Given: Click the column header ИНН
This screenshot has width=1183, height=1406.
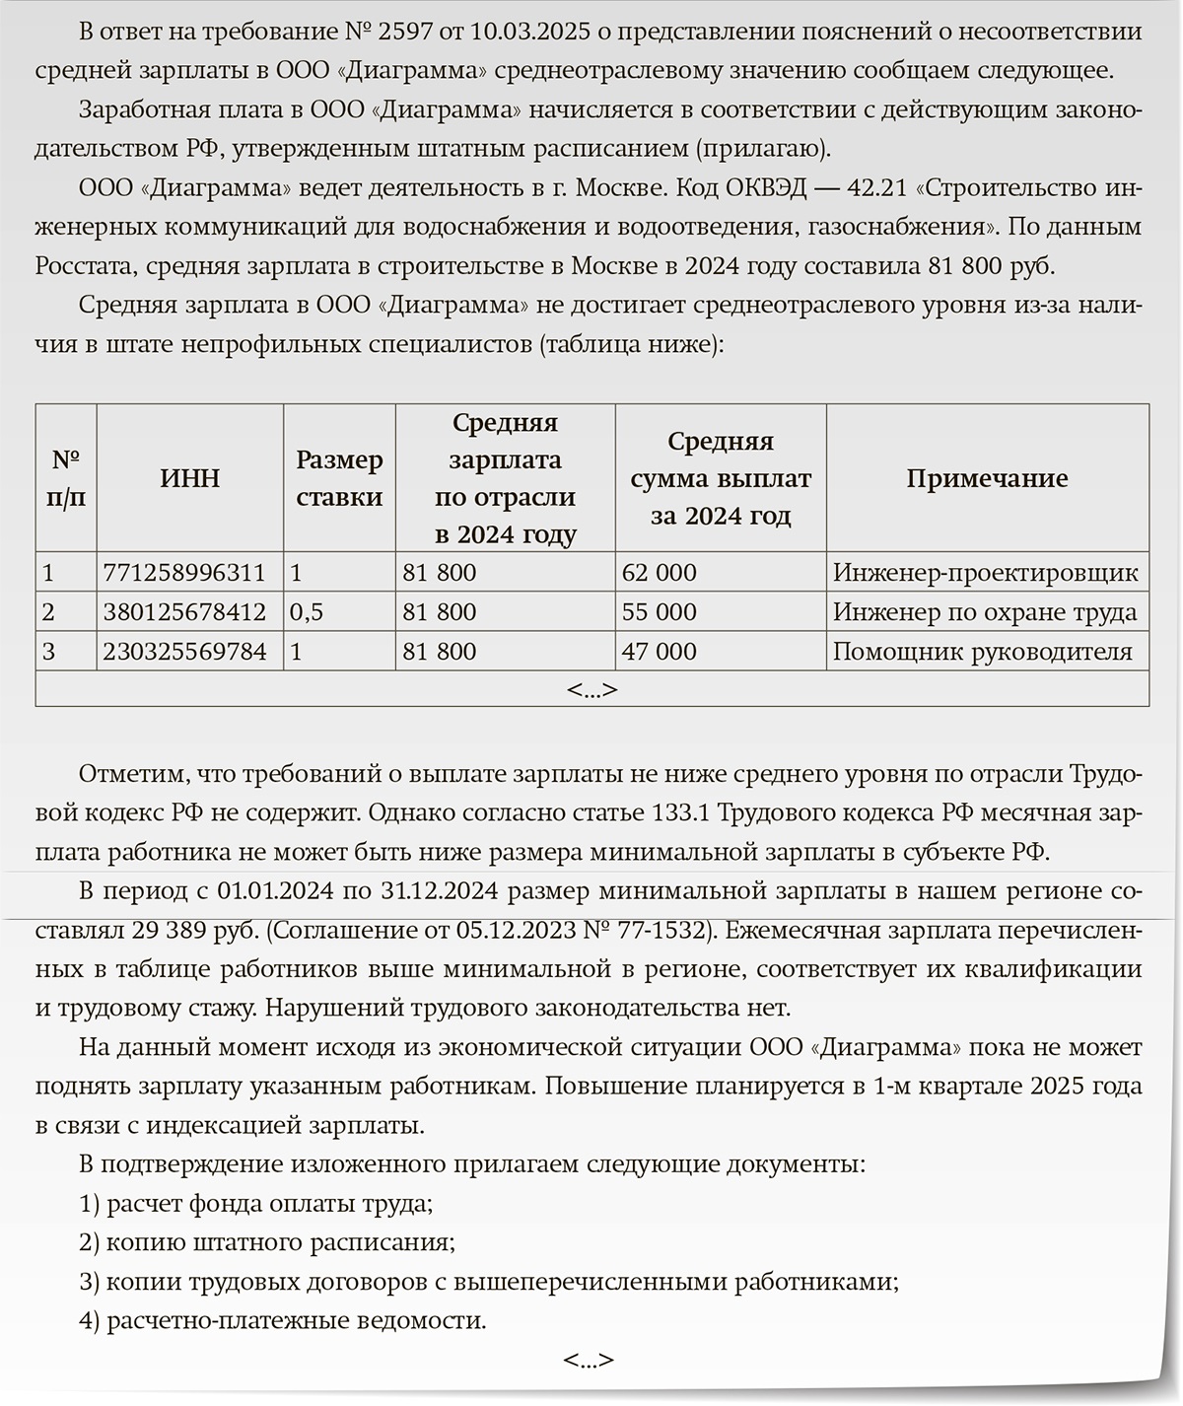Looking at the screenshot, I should (x=190, y=479).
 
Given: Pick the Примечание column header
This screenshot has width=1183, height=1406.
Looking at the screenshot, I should (x=987, y=479).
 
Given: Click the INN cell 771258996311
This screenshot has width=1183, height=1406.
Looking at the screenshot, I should (x=184, y=573).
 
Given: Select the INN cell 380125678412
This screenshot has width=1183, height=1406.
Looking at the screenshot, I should (x=184, y=612).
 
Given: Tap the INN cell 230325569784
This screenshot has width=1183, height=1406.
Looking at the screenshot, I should (x=184, y=652).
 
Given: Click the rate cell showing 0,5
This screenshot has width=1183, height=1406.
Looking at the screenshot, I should (x=307, y=612).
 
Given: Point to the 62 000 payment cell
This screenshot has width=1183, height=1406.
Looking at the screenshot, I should (x=659, y=573).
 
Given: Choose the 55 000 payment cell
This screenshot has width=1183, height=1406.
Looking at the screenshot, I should (x=659, y=612).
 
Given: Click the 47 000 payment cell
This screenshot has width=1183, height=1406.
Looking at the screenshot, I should (x=659, y=652).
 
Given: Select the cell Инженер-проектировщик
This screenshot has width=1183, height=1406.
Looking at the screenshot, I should (x=985, y=573).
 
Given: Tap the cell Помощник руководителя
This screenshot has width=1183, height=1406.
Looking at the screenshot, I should (x=983, y=652).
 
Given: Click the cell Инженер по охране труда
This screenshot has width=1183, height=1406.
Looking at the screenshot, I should (x=985, y=612).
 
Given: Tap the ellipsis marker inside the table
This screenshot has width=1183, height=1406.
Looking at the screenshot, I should (x=591, y=690).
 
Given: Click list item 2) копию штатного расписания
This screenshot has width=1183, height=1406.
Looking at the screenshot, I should (x=267, y=1242).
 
